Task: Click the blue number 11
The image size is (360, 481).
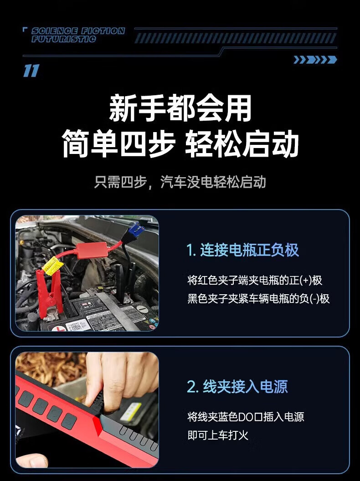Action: point(31,71)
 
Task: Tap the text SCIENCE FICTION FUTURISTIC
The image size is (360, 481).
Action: point(78,35)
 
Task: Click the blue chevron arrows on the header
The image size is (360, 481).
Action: point(315,60)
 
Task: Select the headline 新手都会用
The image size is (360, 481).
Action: point(180,108)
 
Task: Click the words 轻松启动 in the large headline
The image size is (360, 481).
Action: point(242,143)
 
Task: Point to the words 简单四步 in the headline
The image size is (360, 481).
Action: point(119,143)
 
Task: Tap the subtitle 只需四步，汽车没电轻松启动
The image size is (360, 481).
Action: point(180,182)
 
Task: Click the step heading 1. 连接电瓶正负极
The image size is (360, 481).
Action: point(242,250)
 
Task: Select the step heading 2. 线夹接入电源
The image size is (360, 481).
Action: point(237,386)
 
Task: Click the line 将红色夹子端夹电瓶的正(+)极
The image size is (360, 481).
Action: point(255,280)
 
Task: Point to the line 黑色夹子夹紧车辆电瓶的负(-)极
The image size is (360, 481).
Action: point(258,298)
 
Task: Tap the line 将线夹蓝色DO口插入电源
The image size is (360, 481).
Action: point(246,417)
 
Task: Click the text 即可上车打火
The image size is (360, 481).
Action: point(218,435)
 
